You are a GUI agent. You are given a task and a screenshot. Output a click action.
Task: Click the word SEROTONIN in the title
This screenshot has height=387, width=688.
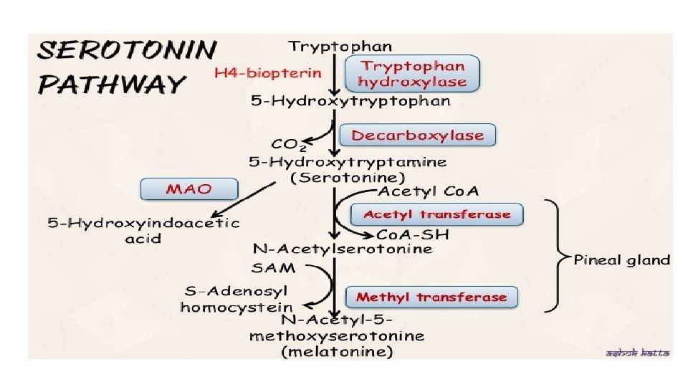pos(126,52)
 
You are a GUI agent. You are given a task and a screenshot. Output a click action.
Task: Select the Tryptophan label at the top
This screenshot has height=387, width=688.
pos(340,47)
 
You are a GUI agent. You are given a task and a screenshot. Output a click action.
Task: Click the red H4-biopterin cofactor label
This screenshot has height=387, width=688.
pos(268,73)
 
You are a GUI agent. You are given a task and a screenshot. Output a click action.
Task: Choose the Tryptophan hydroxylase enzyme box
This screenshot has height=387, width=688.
pos(412,74)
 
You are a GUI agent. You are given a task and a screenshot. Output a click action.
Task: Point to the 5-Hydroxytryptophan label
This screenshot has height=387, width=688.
pos(350,101)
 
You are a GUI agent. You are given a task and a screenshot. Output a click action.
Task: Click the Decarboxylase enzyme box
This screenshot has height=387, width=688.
pos(417,135)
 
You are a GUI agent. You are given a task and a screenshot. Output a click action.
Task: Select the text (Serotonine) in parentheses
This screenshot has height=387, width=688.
pos(348,176)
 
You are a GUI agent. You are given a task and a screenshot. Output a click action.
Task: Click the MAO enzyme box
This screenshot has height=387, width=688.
pos(189,188)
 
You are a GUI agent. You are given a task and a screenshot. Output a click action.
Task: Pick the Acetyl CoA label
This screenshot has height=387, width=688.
pos(428,191)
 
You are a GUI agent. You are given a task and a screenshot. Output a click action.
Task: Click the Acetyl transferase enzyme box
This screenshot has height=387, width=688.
pos(436,214)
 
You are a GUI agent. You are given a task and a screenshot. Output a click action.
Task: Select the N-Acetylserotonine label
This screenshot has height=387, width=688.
pos(343,249)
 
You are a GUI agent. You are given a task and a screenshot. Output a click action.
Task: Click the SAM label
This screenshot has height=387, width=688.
pos(273,267)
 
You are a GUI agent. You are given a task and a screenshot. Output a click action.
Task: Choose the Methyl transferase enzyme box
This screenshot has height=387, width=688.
pos(431,297)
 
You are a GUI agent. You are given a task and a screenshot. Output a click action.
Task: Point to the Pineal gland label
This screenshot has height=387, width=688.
pos(621,259)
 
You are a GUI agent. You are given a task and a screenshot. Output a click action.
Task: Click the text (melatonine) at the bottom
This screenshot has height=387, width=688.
pos(337,352)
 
